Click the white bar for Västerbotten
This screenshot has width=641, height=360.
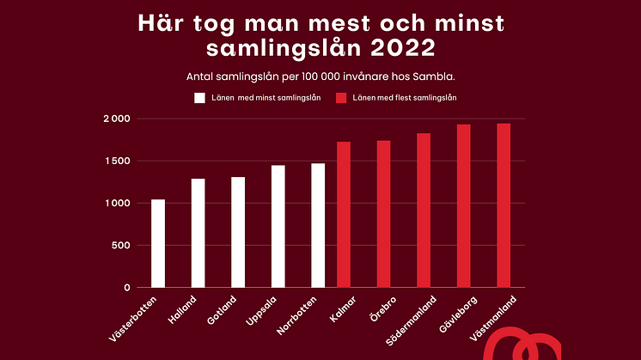pyautogui.click(x=158, y=243)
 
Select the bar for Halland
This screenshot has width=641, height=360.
pyautogui.click(x=198, y=233)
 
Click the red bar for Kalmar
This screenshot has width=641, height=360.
pyautogui.click(x=344, y=215)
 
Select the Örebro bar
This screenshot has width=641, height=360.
pyautogui.click(x=384, y=214)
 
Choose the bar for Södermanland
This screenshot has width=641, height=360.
pyautogui.click(x=424, y=211)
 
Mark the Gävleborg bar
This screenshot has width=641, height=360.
pyautogui.click(x=463, y=206)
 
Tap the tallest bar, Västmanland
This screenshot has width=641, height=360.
pyautogui.click(x=504, y=205)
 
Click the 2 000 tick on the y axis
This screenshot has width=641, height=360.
pyautogui.click(x=116, y=119)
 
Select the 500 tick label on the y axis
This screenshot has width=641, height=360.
pyautogui.click(x=121, y=246)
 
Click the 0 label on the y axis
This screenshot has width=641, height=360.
pyautogui.click(x=126, y=288)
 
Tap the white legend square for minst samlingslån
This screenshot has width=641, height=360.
pyautogui.click(x=199, y=98)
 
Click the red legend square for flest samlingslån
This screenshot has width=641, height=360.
pyautogui.click(x=341, y=98)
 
